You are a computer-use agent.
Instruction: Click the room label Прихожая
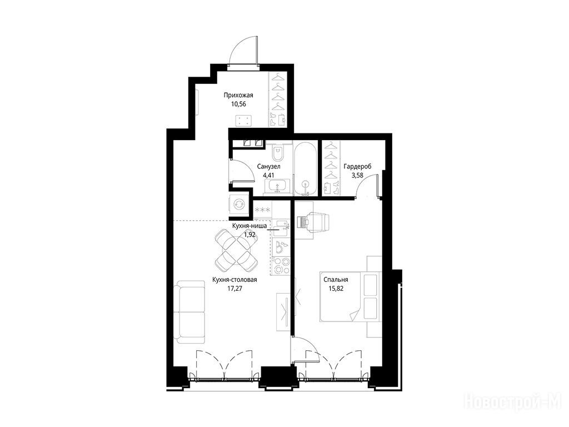pyautogui.click(x=238, y=96)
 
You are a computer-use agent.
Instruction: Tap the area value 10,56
pyautogui.click(x=238, y=104)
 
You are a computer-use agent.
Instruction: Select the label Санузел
pyautogui.click(x=269, y=167)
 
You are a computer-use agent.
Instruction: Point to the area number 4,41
pyautogui.click(x=269, y=175)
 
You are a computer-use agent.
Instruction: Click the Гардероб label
pyautogui.click(x=357, y=167)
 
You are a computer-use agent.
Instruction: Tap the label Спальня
pyautogui.click(x=336, y=280)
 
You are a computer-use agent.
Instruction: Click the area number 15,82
pyautogui.click(x=336, y=289)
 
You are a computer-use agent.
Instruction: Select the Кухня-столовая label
pyautogui.click(x=234, y=280)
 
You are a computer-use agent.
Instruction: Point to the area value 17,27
pyautogui.click(x=234, y=289)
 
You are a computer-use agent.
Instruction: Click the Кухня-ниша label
pyautogui.click(x=249, y=226)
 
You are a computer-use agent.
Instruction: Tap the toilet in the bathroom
pyautogui.click(x=278, y=152)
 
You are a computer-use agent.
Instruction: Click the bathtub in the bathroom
pyautogui.click(x=306, y=169)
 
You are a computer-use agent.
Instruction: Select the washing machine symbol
pyautogui.click(x=238, y=204)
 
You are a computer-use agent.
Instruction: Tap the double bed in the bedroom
pyautogui.click(x=351, y=297)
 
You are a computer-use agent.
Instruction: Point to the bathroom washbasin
pyautogui.click(x=277, y=186)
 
